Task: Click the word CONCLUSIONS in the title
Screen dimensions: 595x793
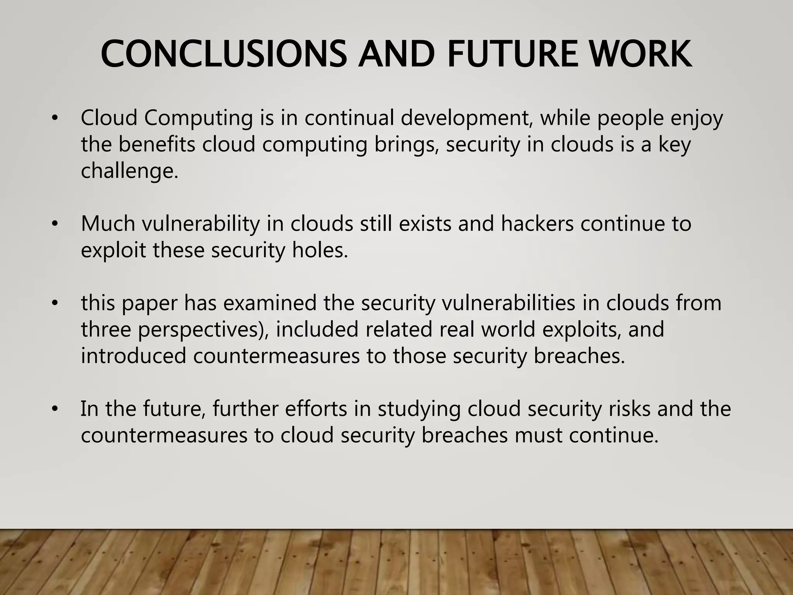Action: click(x=224, y=54)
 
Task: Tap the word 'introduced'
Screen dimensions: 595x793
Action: click(x=134, y=356)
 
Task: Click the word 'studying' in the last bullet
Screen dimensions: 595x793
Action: click(x=419, y=409)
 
